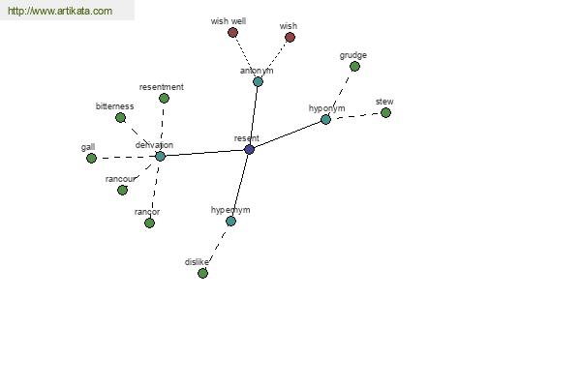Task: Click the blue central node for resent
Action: coord(250,150)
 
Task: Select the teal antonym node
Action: coord(258,82)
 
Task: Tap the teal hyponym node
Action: coord(325,119)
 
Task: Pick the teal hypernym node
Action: coord(230,222)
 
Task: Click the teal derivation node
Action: coord(160,156)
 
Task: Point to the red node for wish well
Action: coord(232,33)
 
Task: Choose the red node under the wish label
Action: coord(290,37)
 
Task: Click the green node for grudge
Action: coord(354,67)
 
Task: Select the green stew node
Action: coord(385,112)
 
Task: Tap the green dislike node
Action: coord(202,273)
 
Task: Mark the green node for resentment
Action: coord(165,98)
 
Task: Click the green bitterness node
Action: coord(120,118)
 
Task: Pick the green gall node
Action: coord(92,158)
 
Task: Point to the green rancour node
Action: coord(122,190)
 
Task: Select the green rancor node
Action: coord(149,223)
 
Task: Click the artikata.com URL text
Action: coord(60,11)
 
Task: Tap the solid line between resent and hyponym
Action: coord(288,134)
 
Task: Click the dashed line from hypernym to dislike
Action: coord(217,247)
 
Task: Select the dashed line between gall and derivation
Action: coord(126,157)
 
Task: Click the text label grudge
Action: coord(353,55)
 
